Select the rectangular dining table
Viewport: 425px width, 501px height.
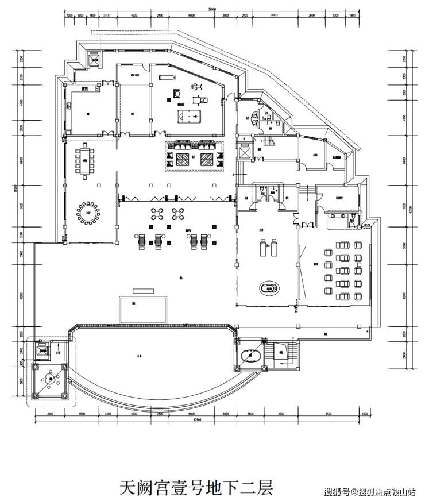[x=84, y=161]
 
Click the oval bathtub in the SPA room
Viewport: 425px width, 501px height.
[x=269, y=287]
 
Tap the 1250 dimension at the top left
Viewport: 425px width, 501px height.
[x=70, y=16]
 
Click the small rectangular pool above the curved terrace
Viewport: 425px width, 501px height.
[x=142, y=310]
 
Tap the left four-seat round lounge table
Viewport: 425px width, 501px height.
[x=158, y=214]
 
